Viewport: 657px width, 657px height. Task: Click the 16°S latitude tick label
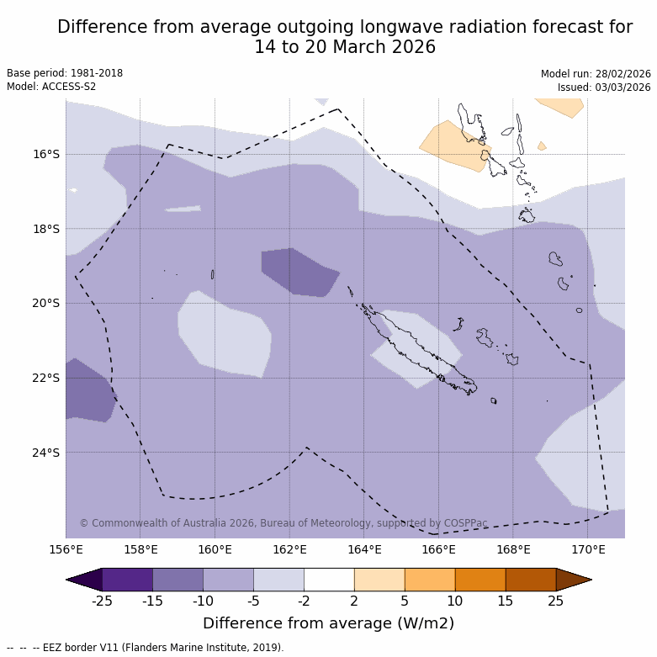[47, 154]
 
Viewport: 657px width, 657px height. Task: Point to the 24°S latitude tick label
[47, 453]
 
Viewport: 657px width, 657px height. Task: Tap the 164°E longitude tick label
[364, 550]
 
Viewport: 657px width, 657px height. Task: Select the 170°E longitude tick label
[588, 550]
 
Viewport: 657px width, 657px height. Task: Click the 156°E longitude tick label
[66, 550]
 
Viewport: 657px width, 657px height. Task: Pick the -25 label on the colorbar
[102, 601]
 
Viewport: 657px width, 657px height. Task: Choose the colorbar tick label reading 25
[556, 601]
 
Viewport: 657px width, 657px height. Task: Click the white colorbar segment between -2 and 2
[329, 580]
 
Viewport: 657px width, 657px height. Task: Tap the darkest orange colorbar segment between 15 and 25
[530, 580]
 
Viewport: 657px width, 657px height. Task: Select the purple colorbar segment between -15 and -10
[177, 580]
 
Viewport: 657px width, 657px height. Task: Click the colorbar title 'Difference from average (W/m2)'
[328, 623]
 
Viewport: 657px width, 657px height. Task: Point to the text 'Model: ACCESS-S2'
[51, 87]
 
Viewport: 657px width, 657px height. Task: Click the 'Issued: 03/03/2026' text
[604, 87]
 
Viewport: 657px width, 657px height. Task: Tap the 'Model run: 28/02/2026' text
[596, 73]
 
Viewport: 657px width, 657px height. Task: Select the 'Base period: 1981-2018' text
[65, 73]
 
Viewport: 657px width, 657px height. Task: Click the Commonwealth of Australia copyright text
[283, 523]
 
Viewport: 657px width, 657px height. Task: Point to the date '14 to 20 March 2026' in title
[345, 47]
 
